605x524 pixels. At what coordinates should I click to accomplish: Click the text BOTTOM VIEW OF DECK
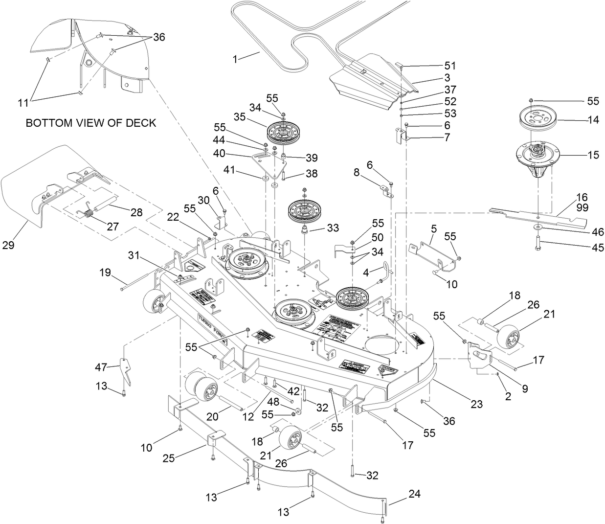[x=91, y=123]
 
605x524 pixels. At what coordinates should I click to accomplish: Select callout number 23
[x=476, y=404]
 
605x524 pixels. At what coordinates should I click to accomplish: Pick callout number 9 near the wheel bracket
[x=524, y=389]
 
